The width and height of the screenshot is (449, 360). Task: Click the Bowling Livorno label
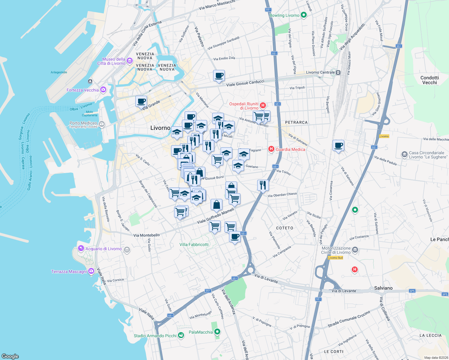(x=284, y=15)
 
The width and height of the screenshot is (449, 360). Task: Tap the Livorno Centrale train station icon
(x=338, y=72)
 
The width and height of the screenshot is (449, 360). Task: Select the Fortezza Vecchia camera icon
(x=103, y=90)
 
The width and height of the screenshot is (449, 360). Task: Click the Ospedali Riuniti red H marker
(x=263, y=105)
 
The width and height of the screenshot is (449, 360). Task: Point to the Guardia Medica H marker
(x=271, y=149)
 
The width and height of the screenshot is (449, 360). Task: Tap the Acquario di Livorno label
(x=104, y=249)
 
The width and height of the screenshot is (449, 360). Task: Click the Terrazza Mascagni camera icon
(x=91, y=271)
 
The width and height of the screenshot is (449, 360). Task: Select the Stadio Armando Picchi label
(x=155, y=336)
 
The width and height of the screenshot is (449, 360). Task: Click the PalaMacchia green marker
(x=218, y=332)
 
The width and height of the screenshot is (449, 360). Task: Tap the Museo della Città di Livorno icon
(x=130, y=61)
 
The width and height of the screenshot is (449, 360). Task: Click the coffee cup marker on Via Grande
(x=141, y=102)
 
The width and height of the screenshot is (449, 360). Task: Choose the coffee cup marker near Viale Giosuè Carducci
(x=219, y=76)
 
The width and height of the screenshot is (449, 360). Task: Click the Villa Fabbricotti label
(x=194, y=244)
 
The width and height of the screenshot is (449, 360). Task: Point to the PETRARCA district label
(x=296, y=122)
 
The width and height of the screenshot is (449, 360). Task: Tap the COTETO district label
(x=285, y=228)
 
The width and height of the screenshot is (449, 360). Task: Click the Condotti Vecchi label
(x=429, y=80)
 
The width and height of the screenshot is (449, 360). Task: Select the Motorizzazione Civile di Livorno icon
(x=355, y=250)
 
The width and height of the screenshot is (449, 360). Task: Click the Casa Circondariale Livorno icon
(x=404, y=154)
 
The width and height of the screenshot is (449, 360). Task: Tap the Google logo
(x=10, y=356)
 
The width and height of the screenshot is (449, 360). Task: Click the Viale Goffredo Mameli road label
(x=215, y=216)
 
